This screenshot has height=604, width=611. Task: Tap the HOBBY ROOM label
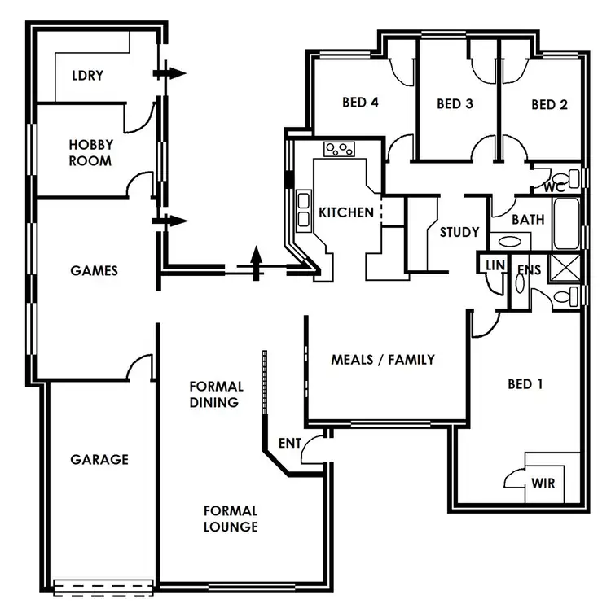click(90, 152)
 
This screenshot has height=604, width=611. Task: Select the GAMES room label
click(94, 270)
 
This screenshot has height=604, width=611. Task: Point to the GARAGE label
click(99, 459)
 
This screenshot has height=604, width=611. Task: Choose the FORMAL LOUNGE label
click(231, 519)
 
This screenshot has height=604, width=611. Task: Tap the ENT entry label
click(289, 443)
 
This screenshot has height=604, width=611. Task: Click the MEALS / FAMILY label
click(383, 359)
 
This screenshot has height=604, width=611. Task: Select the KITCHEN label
click(346, 213)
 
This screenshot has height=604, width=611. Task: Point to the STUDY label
click(459, 232)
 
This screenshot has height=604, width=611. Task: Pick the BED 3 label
click(455, 103)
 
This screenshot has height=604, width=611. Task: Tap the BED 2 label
click(549, 104)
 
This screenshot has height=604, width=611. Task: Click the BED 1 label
click(525, 383)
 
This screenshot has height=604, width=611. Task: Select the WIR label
click(543, 484)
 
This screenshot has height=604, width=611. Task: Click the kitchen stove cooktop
click(341, 149)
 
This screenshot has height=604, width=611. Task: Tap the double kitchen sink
click(304, 208)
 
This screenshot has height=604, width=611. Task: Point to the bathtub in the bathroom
click(566, 224)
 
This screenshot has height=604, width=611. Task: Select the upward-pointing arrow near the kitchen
click(257, 262)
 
